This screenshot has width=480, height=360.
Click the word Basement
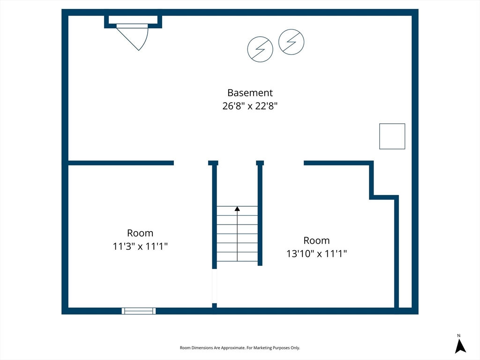pos(250,92)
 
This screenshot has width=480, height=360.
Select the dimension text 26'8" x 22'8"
pos(250,106)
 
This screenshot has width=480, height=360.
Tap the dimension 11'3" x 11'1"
pos(140,246)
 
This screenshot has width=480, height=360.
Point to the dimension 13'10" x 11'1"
pos(316,254)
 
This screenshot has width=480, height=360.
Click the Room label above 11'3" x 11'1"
pos(140,233)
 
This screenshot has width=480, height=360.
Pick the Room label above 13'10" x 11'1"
pos(316,240)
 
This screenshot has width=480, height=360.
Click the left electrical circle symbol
pos(260,49)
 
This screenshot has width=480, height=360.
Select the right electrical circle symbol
pos(292,42)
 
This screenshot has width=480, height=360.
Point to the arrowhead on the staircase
pos(237,209)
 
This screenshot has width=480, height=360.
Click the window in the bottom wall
pos(139,311)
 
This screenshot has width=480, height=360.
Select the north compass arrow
pos(460,346)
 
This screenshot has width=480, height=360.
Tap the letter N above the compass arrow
pos(459,336)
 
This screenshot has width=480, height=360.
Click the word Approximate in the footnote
pos(232,348)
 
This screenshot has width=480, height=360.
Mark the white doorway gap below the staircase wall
pos(215,286)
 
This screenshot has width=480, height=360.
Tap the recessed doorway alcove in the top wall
pos(133,22)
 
